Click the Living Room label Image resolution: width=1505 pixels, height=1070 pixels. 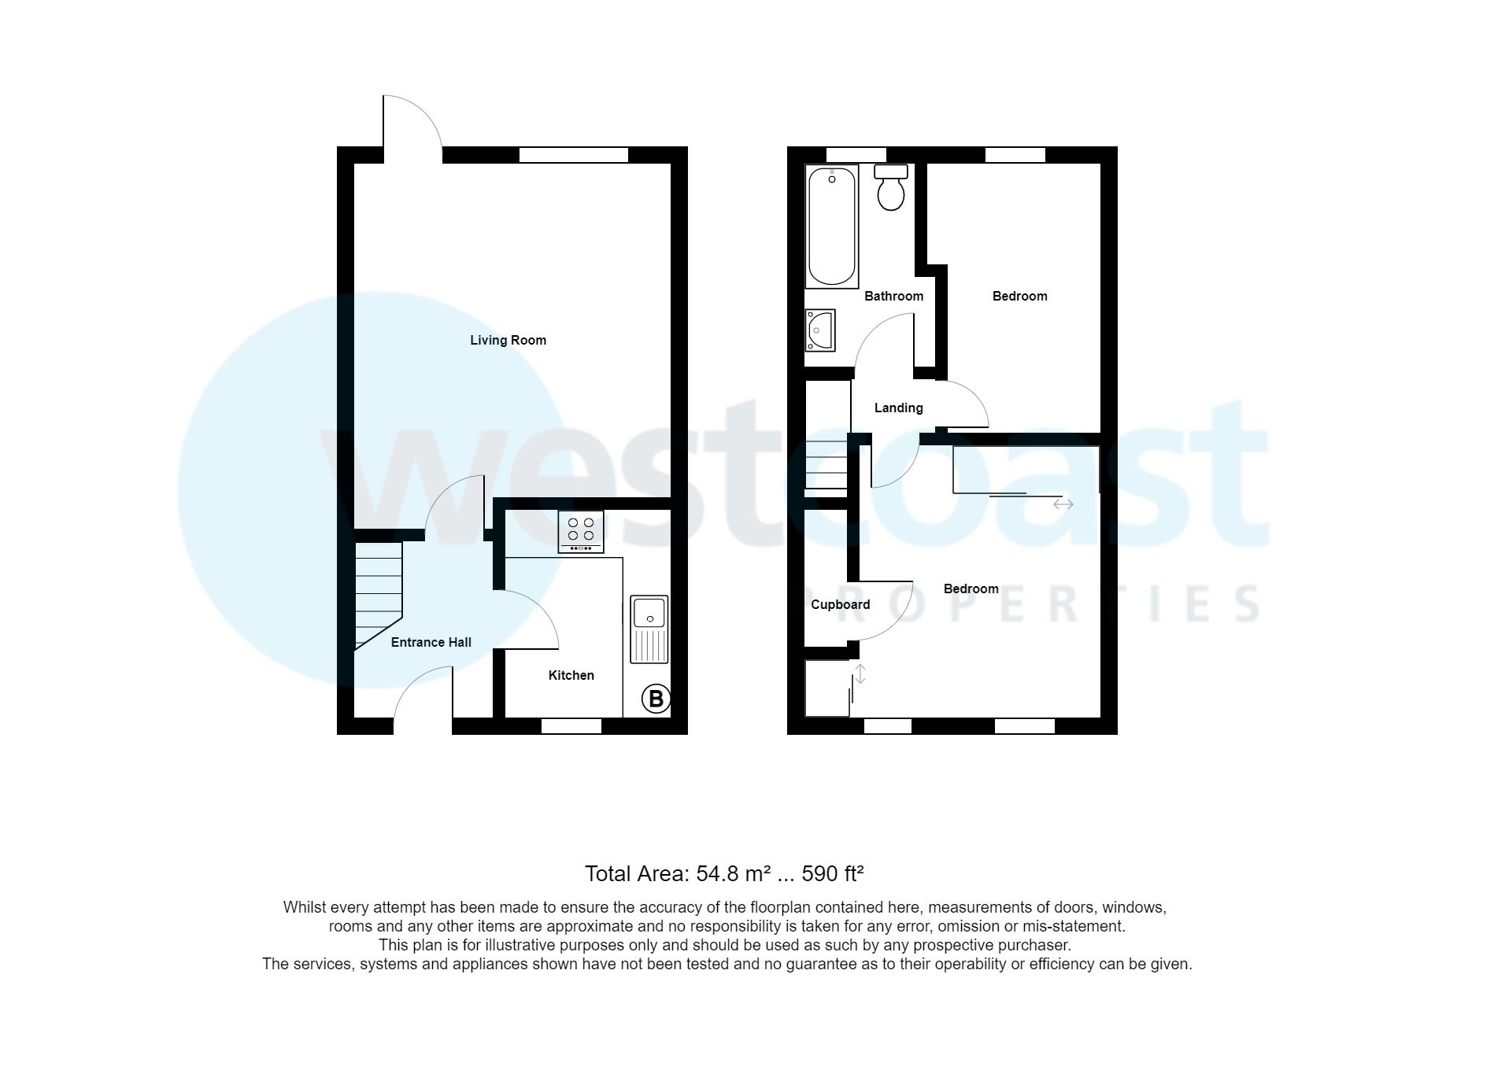[508, 340]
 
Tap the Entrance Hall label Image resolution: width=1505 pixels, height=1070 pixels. [431, 642]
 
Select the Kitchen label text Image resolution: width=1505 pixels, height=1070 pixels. [571, 675]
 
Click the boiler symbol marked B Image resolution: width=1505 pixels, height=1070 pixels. [656, 699]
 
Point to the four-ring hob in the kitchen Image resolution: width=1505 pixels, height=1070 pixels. [581, 531]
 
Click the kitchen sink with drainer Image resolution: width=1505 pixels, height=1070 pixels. [649, 629]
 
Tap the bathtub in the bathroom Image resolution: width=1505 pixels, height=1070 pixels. [832, 226]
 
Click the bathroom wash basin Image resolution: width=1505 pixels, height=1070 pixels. [819, 330]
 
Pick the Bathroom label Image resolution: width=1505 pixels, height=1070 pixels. [893, 296]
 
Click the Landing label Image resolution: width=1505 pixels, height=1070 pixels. [898, 408]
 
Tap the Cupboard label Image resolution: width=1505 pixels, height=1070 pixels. [840, 604]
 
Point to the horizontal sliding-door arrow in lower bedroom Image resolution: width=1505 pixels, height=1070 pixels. [1063, 504]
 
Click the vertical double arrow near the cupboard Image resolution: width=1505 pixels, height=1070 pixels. [860, 674]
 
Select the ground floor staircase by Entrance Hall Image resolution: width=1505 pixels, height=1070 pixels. [379, 594]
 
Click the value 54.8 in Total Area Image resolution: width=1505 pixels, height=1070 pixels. [716, 873]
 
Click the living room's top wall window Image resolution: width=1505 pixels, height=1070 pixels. [574, 155]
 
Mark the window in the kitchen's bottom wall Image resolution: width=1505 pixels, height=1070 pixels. [571, 725]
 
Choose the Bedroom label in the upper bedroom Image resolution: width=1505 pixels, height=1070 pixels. [1019, 296]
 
